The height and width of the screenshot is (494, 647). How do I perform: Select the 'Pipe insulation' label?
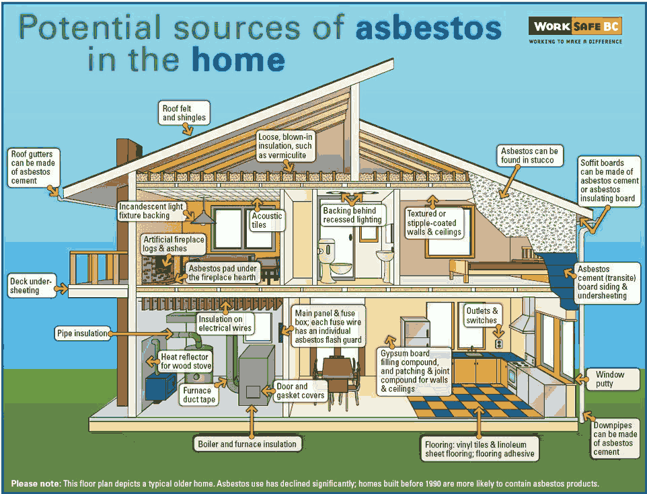(82, 333)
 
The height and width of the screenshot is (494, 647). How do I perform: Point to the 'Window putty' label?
(609, 379)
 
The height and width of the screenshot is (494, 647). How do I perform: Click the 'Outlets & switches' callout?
(482, 315)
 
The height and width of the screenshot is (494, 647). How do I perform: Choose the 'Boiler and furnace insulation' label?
(247, 444)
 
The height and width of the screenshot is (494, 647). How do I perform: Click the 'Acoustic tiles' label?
(267, 220)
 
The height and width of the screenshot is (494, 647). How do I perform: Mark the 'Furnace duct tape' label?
(199, 395)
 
